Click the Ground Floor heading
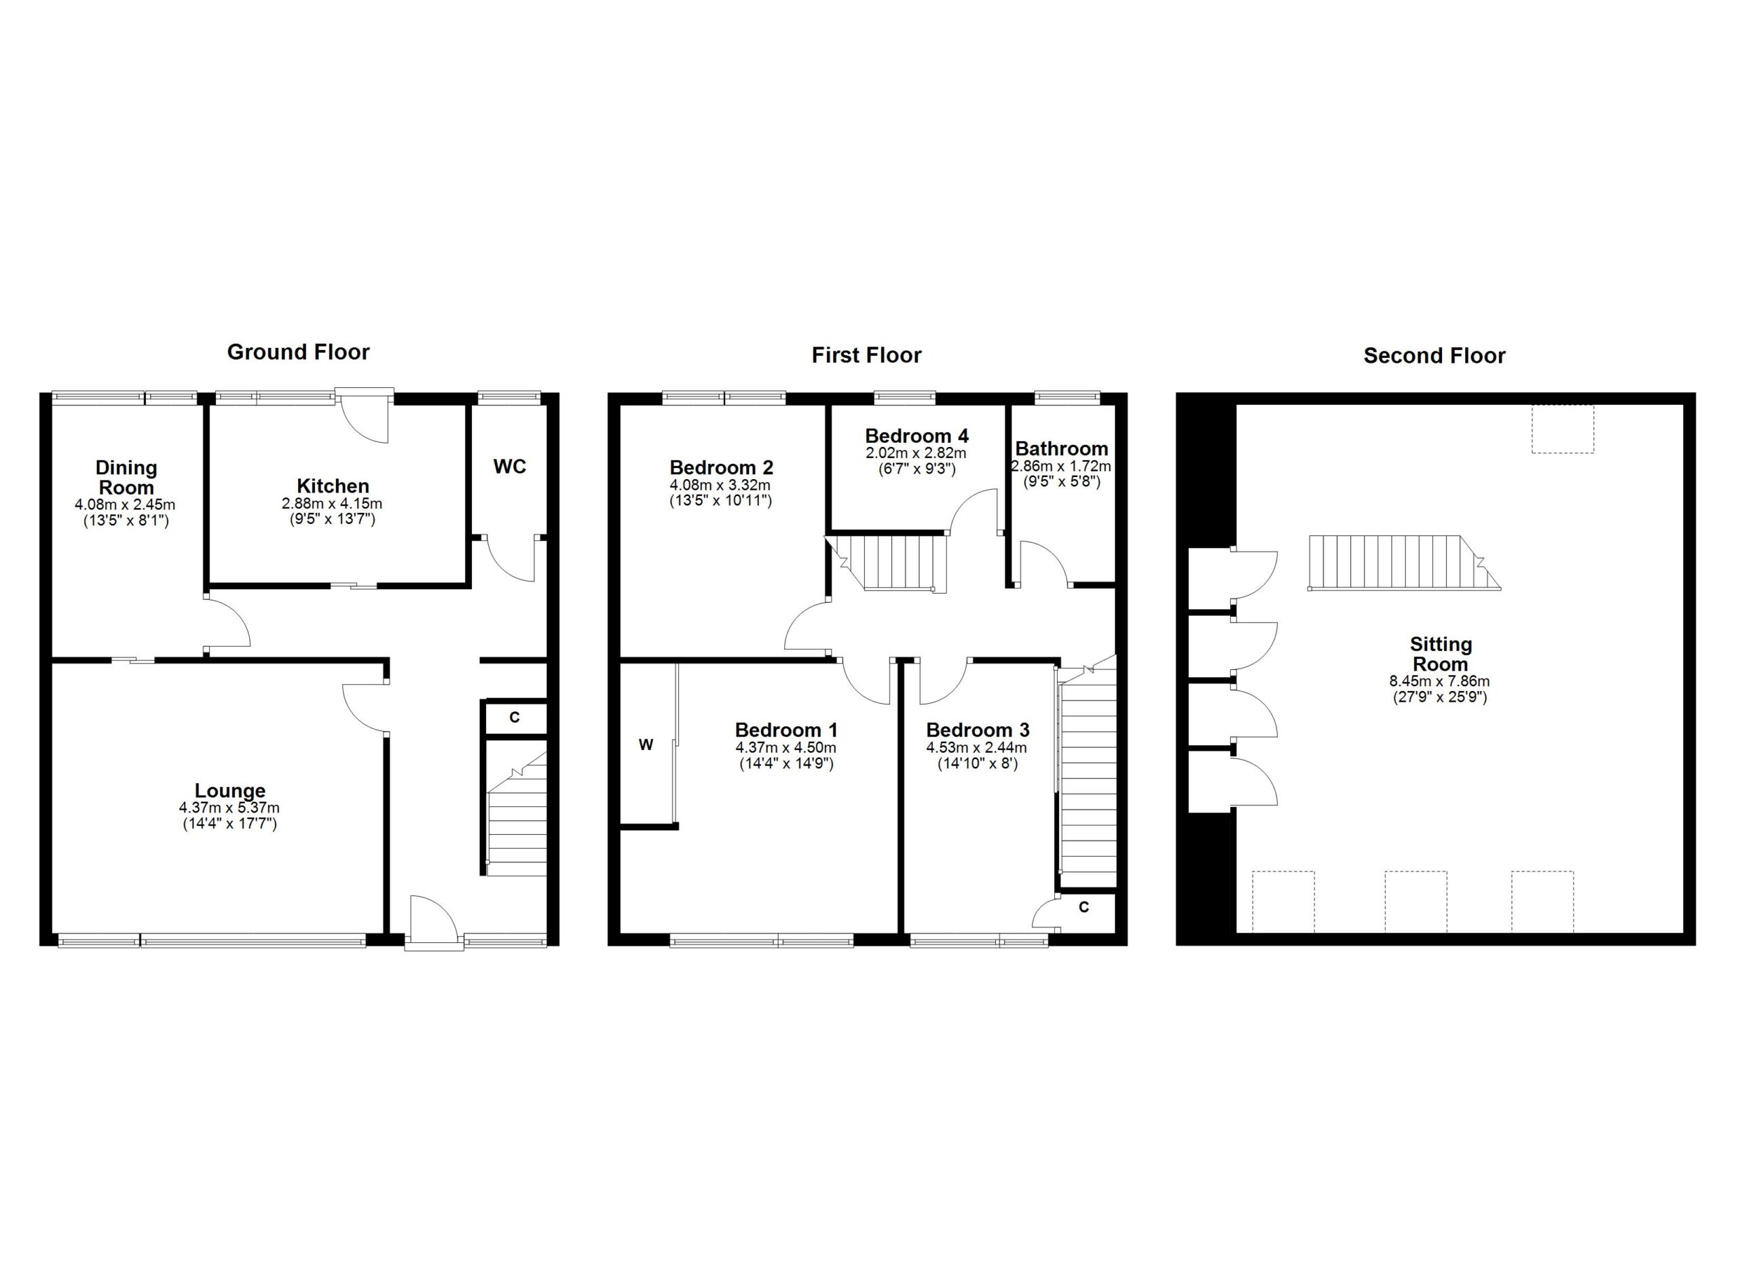[x=298, y=352]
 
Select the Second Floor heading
[x=1434, y=356]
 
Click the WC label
[x=510, y=467]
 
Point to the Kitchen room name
[x=333, y=486]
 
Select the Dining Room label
[x=126, y=478]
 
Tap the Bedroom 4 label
[x=917, y=436]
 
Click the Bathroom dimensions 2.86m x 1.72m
[x=1060, y=466]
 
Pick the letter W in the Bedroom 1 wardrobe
[x=646, y=745]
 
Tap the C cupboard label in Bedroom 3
[x=1084, y=908]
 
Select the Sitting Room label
[x=1440, y=654]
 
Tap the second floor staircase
[x=1394, y=563]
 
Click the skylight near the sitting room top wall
[x=1563, y=429]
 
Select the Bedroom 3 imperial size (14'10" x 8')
[x=977, y=764]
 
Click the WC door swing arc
[x=510, y=560]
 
